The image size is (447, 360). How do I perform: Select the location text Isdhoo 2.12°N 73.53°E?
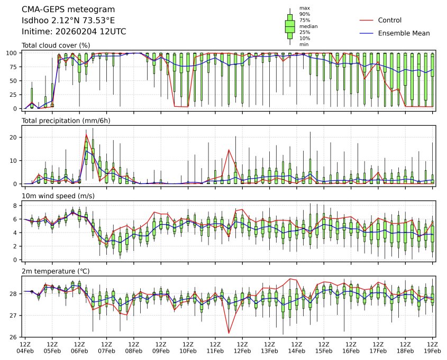point(68,21)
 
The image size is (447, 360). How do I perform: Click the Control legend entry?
point(389,21)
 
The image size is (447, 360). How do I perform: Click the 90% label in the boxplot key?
point(304,14)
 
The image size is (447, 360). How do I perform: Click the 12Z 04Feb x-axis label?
point(25,347)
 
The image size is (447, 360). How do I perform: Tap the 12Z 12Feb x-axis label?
point(242,347)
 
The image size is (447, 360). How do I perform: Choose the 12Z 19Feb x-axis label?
point(433,347)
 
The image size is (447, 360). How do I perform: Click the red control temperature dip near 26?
point(229,333)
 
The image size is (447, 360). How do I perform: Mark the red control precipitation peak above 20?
point(86,135)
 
